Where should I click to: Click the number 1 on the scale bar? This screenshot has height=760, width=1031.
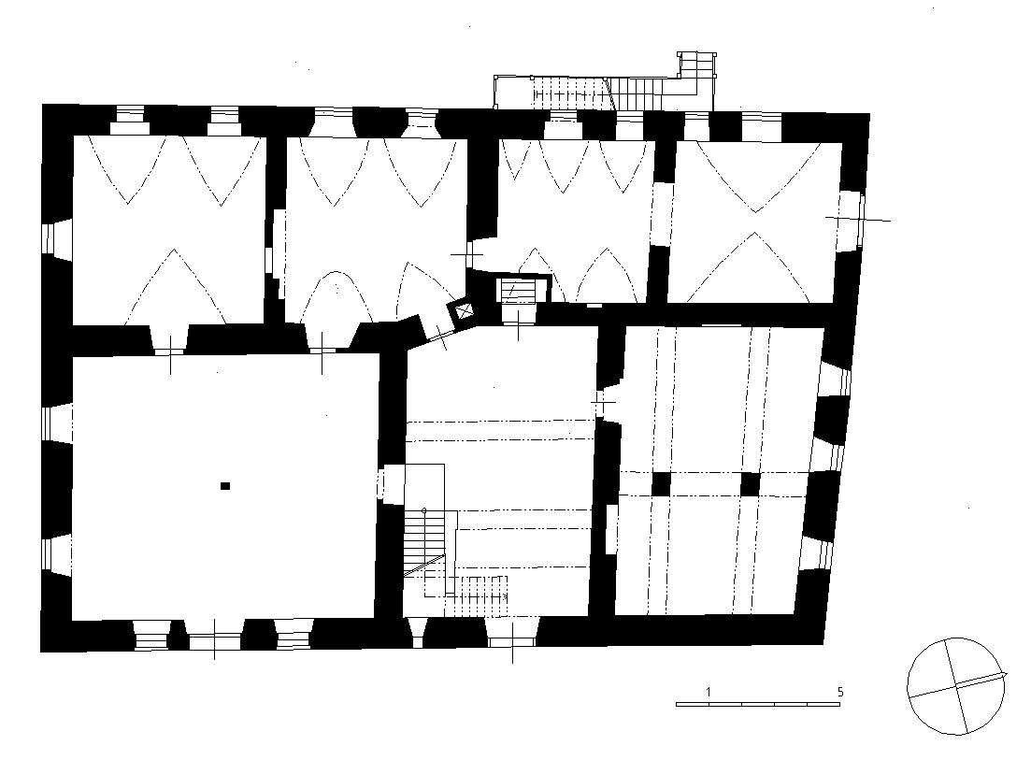click(709, 692)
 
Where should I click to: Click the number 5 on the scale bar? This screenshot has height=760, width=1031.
click(840, 692)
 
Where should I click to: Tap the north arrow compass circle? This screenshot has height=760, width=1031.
click(956, 686)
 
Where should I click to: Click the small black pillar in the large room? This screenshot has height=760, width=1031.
click(225, 486)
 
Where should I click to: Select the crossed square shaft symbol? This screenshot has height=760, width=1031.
click(465, 310)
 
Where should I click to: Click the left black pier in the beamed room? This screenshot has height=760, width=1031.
click(661, 484)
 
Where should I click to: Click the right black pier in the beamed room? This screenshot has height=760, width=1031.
click(751, 484)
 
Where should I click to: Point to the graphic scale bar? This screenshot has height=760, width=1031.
click(758, 704)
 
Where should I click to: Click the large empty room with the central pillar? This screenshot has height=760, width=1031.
click(224, 486)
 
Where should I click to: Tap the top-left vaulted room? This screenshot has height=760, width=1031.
click(168, 230)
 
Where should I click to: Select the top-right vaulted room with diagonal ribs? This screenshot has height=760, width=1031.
click(755, 222)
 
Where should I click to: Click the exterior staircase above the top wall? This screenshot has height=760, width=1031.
click(605, 84)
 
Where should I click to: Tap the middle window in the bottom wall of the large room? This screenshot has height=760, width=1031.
click(214, 635)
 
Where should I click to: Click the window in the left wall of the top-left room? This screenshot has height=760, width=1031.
click(55, 238)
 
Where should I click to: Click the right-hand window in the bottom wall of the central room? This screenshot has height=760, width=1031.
click(512, 632)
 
